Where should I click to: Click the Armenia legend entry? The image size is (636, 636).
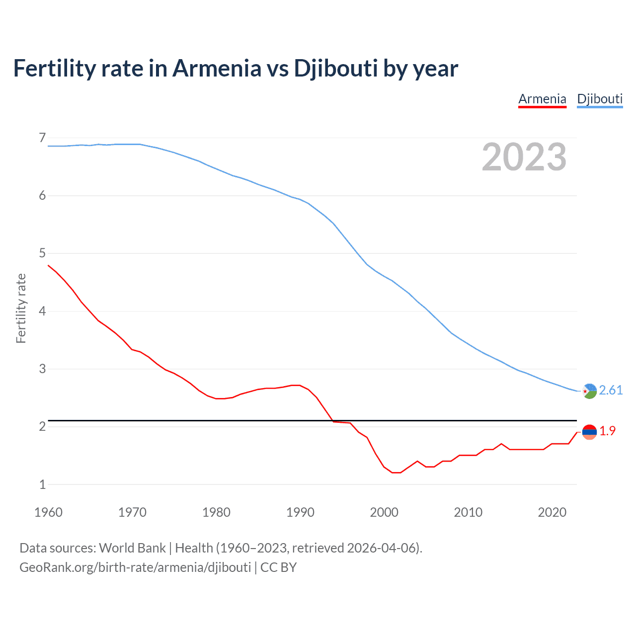(x=542, y=99)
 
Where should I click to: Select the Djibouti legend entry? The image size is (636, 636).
(x=600, y=99)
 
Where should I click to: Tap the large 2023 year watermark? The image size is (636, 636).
(x=524, y=157)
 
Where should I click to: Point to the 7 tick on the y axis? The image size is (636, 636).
(x=42, y=138)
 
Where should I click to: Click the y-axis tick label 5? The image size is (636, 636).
(x=42, y=253)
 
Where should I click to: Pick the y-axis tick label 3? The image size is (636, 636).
(x=42, y=369)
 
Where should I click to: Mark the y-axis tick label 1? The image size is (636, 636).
(x=42, y=484)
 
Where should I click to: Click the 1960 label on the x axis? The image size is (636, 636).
(x=48, y=512)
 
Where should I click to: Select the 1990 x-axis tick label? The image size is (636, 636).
(x=300, y=512)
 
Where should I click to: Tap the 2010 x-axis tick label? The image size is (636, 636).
(x=468, y=512)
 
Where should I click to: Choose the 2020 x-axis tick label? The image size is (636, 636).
(x=552, y=512)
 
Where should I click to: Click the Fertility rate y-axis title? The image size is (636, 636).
(x=21, y=308)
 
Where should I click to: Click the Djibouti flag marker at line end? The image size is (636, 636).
(x=589, y=391)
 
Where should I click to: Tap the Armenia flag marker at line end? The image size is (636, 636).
(x=589, y=432)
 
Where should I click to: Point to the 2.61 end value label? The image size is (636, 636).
(x=611, y=390)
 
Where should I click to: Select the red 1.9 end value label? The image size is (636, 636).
(x=607, y=431)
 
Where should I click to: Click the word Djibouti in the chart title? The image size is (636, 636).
(x=336, y=68)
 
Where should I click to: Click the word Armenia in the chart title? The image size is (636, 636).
(x=217, y=68)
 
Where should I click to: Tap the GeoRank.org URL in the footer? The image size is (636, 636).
(x=135, y=567)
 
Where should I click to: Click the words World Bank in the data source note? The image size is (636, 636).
(x=132, y=548)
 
